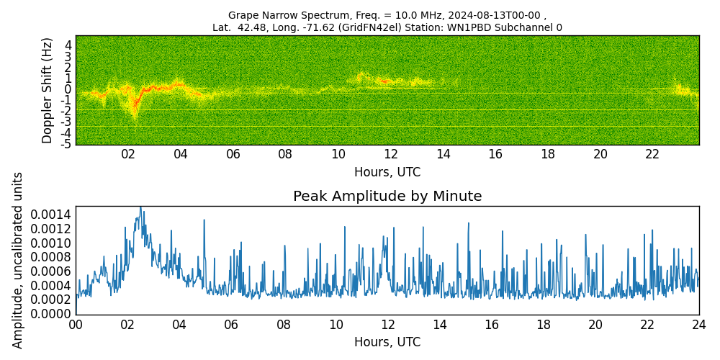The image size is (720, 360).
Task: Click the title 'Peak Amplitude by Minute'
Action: [x=387, y=197]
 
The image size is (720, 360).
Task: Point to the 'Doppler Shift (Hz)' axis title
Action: [x=48, y=90]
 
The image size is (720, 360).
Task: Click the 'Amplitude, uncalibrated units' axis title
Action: [x=18, y=260]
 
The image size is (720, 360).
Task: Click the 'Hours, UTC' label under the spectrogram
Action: [x=387, y=172]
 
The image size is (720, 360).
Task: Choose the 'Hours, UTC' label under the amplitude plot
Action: [x=387, y=342]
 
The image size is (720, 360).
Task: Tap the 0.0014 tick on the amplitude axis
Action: [x=51, y=214]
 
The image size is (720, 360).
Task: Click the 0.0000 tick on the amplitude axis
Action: [x=51, y=314]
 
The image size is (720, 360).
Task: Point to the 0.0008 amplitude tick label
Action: [x=51, y=257]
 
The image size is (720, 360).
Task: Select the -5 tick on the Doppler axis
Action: [x=66, y=144]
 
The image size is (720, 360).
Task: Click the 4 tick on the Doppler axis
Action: [x=68, y=45]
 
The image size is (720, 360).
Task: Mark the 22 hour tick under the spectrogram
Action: [x=652, y=154]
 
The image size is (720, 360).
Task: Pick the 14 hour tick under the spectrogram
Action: [x=443, y=154]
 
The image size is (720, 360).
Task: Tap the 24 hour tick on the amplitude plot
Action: [x=699, y=324]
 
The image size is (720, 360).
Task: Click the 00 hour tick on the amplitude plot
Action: [x=76, y=324]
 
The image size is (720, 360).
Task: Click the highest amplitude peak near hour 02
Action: [x=140, y=207]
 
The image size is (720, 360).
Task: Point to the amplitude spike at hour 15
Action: [x=469, y=223]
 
